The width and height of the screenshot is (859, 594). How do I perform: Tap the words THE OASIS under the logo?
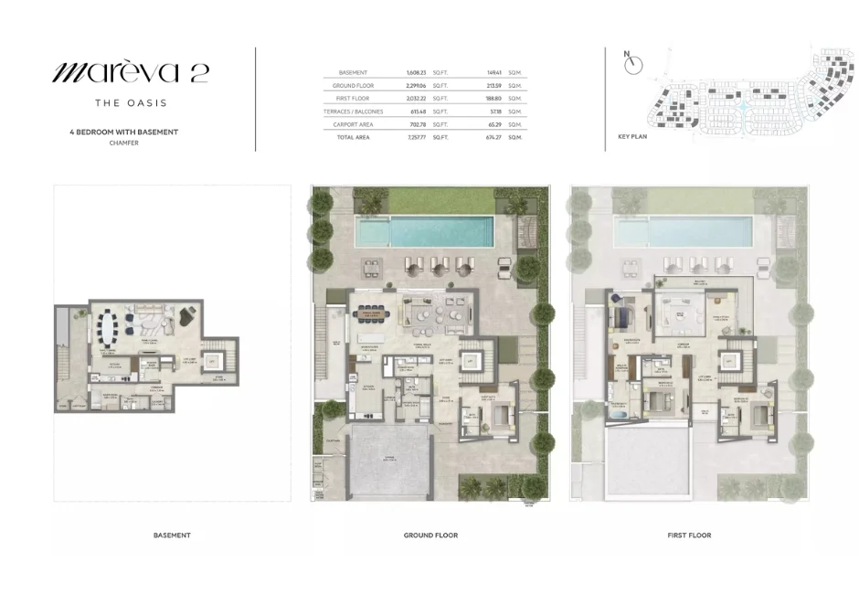[130, 103]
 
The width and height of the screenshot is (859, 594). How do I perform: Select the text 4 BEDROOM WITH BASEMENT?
[123, 132]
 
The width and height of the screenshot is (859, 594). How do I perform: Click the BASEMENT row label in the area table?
[353, 72]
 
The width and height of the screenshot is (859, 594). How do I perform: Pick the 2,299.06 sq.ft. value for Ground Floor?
[417, 85]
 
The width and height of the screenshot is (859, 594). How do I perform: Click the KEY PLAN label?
[632, 136]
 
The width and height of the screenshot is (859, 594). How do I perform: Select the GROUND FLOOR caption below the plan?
[430, 535]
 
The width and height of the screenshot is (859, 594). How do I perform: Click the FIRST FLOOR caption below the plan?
[688, 535]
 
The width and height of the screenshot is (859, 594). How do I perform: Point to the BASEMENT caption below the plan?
[172, 535]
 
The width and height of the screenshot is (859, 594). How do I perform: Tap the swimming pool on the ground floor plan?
[426, 232]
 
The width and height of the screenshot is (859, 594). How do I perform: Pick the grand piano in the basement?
[186, 317]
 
